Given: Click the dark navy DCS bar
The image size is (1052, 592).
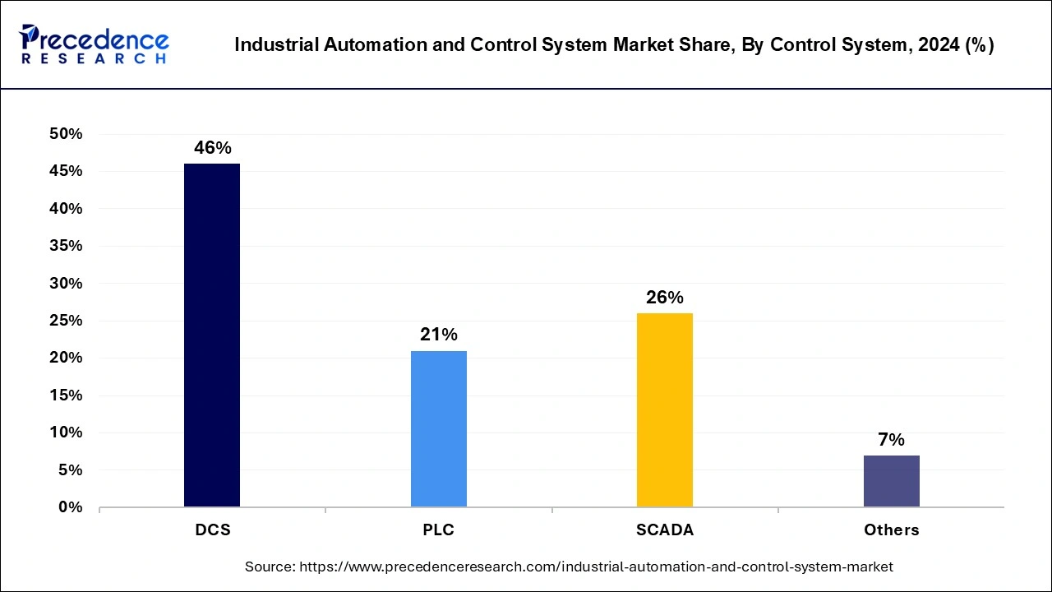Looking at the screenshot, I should (212, 335).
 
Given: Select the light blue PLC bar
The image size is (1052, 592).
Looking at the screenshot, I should (438, 428).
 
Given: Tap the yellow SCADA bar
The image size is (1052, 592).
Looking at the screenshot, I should (664, 409).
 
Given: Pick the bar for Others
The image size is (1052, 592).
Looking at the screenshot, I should (891, 481).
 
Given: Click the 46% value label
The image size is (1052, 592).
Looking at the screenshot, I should (212, 148).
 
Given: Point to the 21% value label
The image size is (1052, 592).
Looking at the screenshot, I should (438, 335).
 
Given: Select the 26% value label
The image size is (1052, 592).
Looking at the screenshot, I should (664, 298).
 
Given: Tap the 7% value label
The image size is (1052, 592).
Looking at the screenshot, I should (891, 440).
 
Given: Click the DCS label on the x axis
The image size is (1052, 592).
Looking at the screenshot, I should (212, 530).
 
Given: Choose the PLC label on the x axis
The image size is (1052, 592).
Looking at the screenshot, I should (438, 530).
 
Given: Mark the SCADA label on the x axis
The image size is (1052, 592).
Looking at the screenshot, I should (664, 530).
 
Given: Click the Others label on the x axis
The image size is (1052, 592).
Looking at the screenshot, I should (891, 530).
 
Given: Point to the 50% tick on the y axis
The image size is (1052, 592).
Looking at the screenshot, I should (66, 134).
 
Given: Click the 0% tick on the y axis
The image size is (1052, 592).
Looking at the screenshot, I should (71, 507).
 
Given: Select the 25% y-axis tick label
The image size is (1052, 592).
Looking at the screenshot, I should (66, 321).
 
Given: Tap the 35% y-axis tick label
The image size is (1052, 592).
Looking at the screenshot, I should (66, 246).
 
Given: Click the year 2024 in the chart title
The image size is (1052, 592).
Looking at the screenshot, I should (936, 45).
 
